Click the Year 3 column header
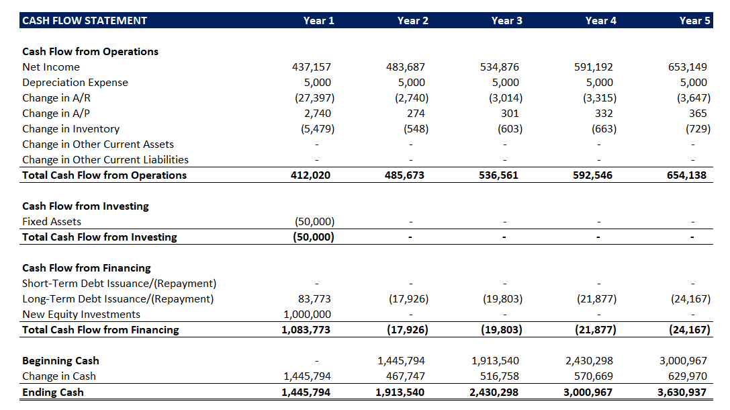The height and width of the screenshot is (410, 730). [506, 21]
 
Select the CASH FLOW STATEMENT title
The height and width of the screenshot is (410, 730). [85, 21]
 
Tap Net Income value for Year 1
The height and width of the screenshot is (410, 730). [312, 67]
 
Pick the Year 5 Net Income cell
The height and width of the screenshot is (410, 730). [688, 67]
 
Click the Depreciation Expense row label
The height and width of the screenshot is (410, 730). [75, 83]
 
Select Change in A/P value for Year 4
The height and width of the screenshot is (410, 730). [604, 114]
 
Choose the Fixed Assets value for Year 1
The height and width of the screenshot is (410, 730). [314, 222]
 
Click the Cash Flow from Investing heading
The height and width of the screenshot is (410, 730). [86, 206]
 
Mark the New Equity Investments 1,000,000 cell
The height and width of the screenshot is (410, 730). [308, 315]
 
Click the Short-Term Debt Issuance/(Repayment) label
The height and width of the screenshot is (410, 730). [120, 284]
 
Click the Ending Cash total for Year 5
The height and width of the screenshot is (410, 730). [684, 392]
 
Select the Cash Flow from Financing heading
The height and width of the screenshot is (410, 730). [87, 268]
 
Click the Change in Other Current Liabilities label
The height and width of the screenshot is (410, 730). [105, 160]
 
